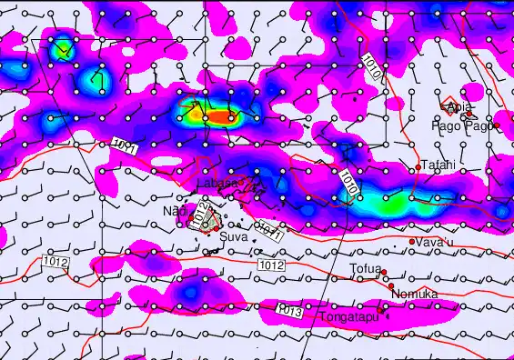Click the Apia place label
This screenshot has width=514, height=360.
pyautogui.click(x=460, y=108)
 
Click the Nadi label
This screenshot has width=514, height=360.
pyautogui.click(x=173, y=211)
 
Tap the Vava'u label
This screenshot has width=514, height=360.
pyautogui.click(x=433, y=243)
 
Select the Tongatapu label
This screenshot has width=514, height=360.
pyautogui.click(x=348, y=316)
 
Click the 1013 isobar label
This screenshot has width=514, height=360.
pyautogui.click(x=288, y=311)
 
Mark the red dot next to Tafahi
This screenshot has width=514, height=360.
pyautogui.click(x=419, y=165)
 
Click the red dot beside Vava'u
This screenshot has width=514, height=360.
pyautogui.click(x=412, y=242)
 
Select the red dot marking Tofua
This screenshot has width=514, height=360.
pyautogui.click(x=384, y=272)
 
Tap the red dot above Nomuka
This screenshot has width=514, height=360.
pyautogui.click(x=392, y=285)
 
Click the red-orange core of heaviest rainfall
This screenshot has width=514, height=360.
pyautogui.click(x=224, y=117)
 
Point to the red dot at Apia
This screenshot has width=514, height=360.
pyautogui.click(x=445, y=107)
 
